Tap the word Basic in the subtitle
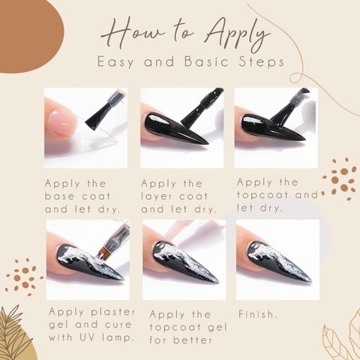pyautogui.click(x=206, y=61)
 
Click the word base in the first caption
pyautogui.click(x=60, y=196)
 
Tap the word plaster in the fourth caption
pyautogui.click(x=113, y=313)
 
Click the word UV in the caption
pyautogui.click(x=87, y=337)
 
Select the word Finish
pyautogui.click(x=257, y=314)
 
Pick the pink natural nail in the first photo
pyautogui.click(x=61, y=121)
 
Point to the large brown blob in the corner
pyautogui.click(x=28, y=35)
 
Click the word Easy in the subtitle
pyautogui.click(x=115, y=62)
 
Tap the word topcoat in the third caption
pyautogui.click(x=264, y=195)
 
